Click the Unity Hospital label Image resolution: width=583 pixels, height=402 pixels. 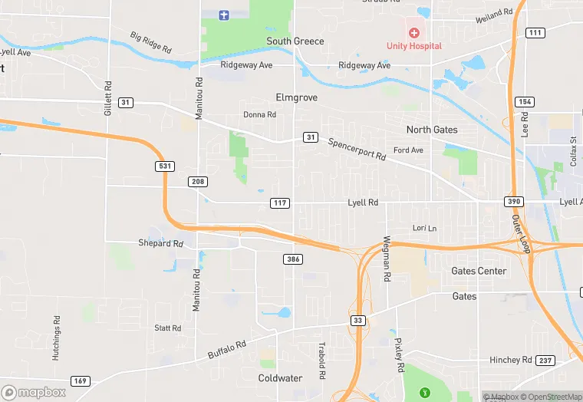pyautogui.click(x=413, y=46)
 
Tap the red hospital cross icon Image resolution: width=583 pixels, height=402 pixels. pyautogui.click(x=414, y=33)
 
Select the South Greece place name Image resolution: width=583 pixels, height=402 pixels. pyautogui.click(x=295, y=41)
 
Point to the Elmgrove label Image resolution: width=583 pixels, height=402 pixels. pyautogui.click(x=297, y=98)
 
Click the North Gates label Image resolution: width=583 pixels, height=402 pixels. pyautogui.click(x=432, y=130)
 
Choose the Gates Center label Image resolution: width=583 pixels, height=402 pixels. pyautogui.click(x=479, y=271)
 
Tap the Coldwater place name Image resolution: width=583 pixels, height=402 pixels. pyautogui.click(x=280, y=378)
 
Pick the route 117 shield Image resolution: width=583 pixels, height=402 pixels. pyautogui.click(x=280, y=203)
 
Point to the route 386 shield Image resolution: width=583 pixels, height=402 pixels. pyautogui.click(x=292, y=259)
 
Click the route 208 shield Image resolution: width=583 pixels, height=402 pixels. pyautogui.click(x=198, y=182)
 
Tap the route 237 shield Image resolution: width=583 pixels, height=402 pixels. pyautogui.click(x=545, y=361)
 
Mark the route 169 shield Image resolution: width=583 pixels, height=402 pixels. pyautogui.click(x=80, y=381)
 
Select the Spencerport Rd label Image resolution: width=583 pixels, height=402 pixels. pyautogui.click(x=357, y=149)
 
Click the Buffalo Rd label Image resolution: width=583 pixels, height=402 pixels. pyautogui.click(x=227, y=351)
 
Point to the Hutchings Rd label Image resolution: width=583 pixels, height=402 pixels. pyautogui.click(x=57, y=338)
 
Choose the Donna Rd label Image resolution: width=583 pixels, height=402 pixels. pyautogui.click(x=259, y=114)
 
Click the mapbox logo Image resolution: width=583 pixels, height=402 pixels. pyautogui.click(x=34, y=391)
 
